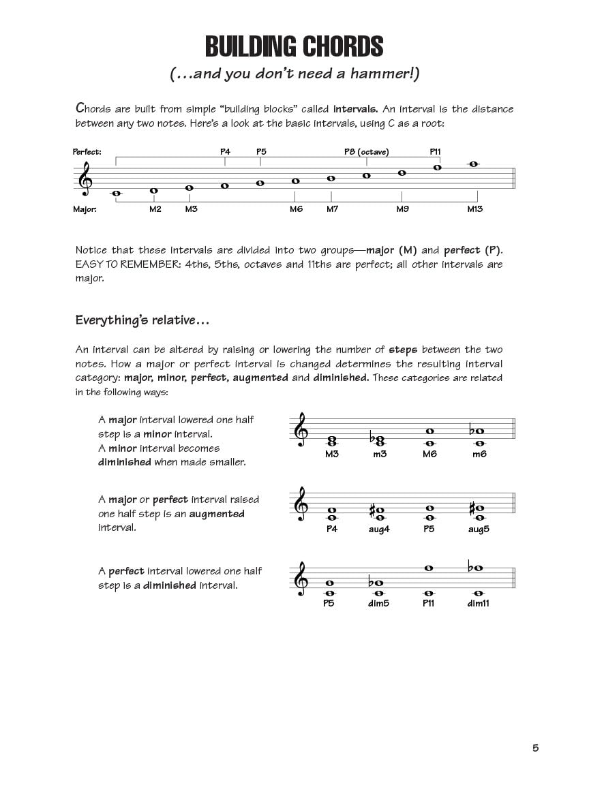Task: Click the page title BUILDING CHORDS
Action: [294, 46]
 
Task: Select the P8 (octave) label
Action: [366, 152]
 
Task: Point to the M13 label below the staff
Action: [474, 209]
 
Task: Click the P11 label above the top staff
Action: [436, 152]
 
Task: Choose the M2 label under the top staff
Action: [155, 209]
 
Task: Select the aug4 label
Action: [379, 529]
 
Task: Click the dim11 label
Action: [479, 603]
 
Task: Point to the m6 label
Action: [479, 454]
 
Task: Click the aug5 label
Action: [479, 529]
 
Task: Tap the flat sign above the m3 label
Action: [372, 437]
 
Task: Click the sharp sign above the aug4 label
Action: [372, 509]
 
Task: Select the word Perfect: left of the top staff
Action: [87, 152]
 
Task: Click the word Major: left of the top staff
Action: [85, 209]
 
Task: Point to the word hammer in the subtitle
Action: [387, 74]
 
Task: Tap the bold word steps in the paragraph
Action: [402, 350]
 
